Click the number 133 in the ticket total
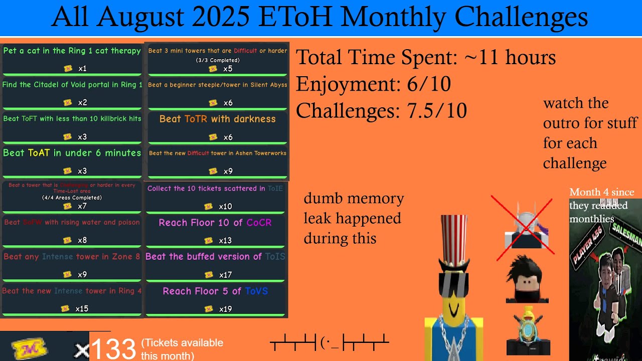pos(113,348)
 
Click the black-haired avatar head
pos(526,278)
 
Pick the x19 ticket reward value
pos(225,309)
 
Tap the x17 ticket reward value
pos(225,275)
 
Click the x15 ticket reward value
pos(82,309)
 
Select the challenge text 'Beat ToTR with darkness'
pos(217,119)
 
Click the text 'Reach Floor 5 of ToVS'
pos(215,291)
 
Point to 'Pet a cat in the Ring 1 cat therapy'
pos(72,51)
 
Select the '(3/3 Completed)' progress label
pos(217,60)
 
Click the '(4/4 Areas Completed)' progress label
pos(72,198)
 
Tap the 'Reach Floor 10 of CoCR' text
pos(215,223)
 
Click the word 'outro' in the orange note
pos(563,123)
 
